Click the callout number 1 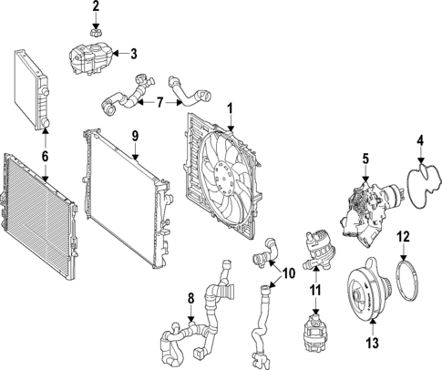point(231,107)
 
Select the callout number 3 point(133,53)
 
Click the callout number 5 point(364,159)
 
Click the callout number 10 point(289,272)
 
